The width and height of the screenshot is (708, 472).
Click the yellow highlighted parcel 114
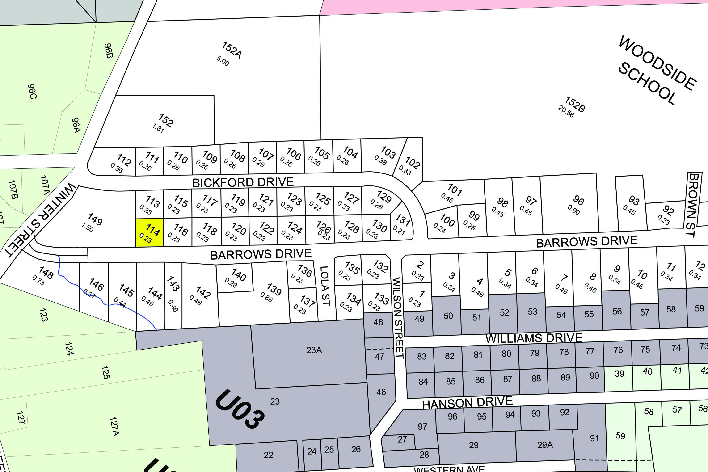point(149,233)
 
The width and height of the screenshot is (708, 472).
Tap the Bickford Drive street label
point(243,182)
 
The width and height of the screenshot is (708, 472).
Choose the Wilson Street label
point(398,318)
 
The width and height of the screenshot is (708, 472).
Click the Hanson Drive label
point(467,402)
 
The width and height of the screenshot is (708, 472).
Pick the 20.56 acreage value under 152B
point(566,111)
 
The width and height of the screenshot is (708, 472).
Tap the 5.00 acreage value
point(223,61)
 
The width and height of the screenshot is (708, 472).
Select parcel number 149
point(95,219)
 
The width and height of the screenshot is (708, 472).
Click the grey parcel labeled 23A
point(314,350)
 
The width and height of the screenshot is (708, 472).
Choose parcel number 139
point(274,290)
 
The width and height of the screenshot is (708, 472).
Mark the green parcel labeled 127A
point(114,426)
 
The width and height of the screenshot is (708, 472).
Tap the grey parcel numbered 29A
point(545,445)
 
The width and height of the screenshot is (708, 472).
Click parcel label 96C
point(32,91)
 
